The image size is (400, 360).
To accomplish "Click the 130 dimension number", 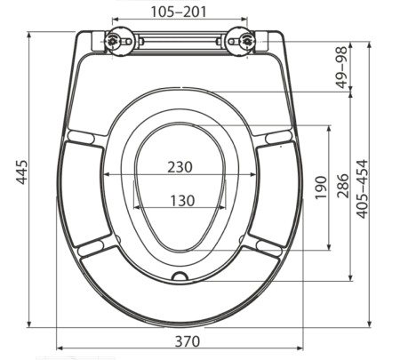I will [x=181, y=200].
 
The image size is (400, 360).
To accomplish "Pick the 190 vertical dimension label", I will [x=320, y=188].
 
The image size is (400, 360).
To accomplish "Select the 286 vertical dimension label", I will [x=344, y=188].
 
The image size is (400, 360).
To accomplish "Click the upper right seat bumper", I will [x=278, y=136].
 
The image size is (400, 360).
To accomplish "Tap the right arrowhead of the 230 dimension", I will [x=255, y=175].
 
